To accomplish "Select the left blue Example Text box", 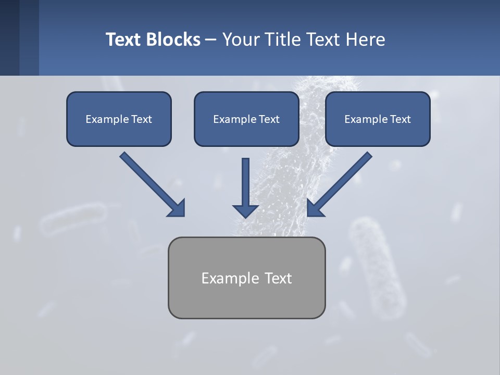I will tap(119, 119).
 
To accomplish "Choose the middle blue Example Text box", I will tap(246, 119).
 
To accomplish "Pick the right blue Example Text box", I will tap(378, 119).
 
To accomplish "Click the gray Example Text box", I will tap(246, 278).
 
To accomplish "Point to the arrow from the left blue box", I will tap(151, 183).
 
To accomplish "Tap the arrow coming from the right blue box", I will tap(341, 183).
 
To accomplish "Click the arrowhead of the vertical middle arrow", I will tap(245, 210).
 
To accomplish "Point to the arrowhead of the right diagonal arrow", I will tap(315, 208).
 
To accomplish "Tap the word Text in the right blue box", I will tap(399, 119).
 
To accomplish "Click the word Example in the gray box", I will tap(231, 278).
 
